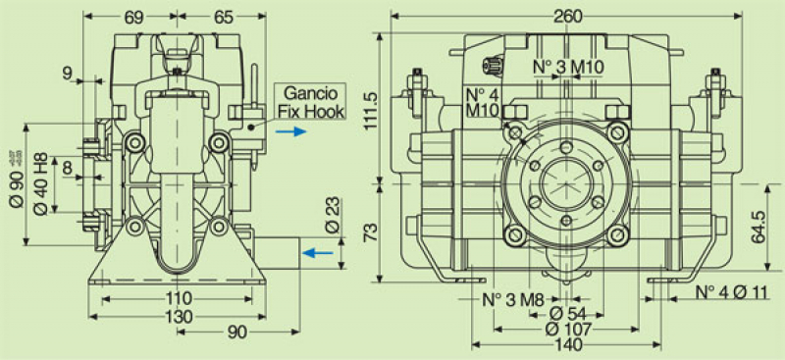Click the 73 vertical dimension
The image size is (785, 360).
tap(368, 231)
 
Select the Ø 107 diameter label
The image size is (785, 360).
tap(565, 331)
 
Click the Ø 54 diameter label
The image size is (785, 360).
tap(565, 314)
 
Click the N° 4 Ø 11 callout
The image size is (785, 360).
tap(733, 292)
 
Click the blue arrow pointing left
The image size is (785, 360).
tap(316, 253)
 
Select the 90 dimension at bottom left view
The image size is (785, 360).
tap(236, 333)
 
